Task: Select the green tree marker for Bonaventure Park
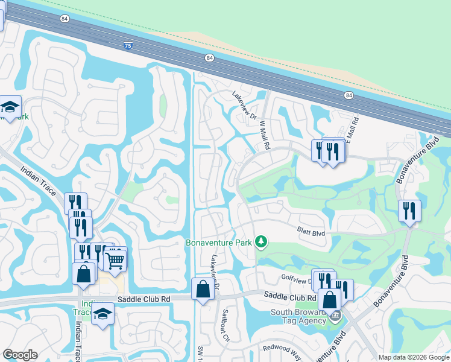(261, 242)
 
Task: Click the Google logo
(20, 355)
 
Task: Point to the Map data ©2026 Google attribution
(413, 357)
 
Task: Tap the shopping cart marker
(115, 260)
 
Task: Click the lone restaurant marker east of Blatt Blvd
(409, 211)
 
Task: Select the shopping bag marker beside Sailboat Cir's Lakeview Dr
(203, 288)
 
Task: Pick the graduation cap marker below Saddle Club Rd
(103, 314)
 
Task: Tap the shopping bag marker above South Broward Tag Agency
(329, 299)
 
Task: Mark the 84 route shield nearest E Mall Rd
(349, 95)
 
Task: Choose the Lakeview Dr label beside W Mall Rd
(245, 104)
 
